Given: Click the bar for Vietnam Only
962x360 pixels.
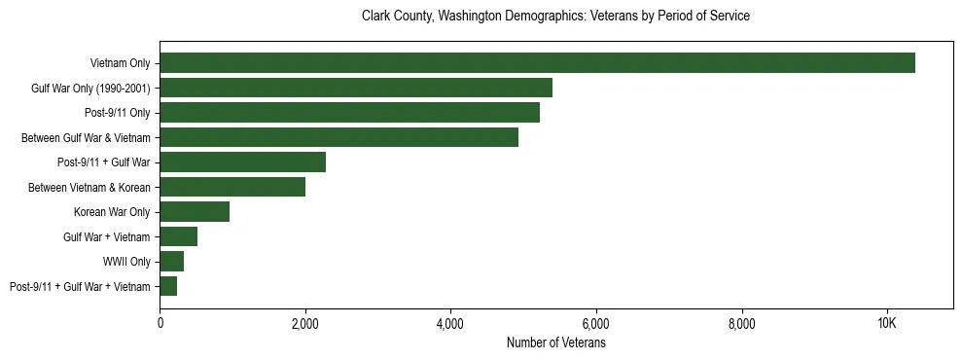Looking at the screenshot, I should point(537,63).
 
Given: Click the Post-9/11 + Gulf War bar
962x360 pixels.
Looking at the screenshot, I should point(242,162).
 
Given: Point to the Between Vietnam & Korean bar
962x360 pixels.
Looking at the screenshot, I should point(232,187).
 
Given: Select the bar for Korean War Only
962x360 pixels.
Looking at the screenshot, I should point(195,212).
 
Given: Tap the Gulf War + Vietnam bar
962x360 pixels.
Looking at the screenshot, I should point(178,236).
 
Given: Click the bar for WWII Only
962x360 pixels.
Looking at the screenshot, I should point(171,262).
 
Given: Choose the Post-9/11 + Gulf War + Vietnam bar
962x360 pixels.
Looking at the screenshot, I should point(168,286).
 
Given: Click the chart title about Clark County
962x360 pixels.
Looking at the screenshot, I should point(555,17).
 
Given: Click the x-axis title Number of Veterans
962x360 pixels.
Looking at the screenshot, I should point(555,343).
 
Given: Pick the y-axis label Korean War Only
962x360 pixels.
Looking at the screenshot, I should point(112,212).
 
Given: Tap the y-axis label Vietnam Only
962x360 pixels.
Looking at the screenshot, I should point(120,63).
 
